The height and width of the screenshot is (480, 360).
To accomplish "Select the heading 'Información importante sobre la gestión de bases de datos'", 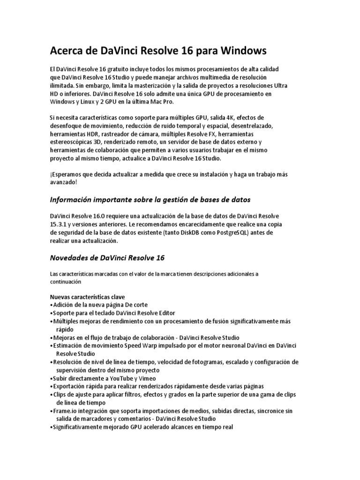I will [x=150, y=200].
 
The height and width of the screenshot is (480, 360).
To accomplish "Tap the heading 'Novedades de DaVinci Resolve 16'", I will [x=107, y=258].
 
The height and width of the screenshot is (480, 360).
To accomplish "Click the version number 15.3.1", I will [x=59, y=225].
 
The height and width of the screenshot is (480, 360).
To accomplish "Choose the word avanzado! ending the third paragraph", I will [x=64, y=182].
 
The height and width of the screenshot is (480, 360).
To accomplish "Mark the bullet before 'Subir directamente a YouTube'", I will [x=51, y=378].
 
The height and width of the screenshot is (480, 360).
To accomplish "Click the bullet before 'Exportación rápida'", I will [x=51, y=386].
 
